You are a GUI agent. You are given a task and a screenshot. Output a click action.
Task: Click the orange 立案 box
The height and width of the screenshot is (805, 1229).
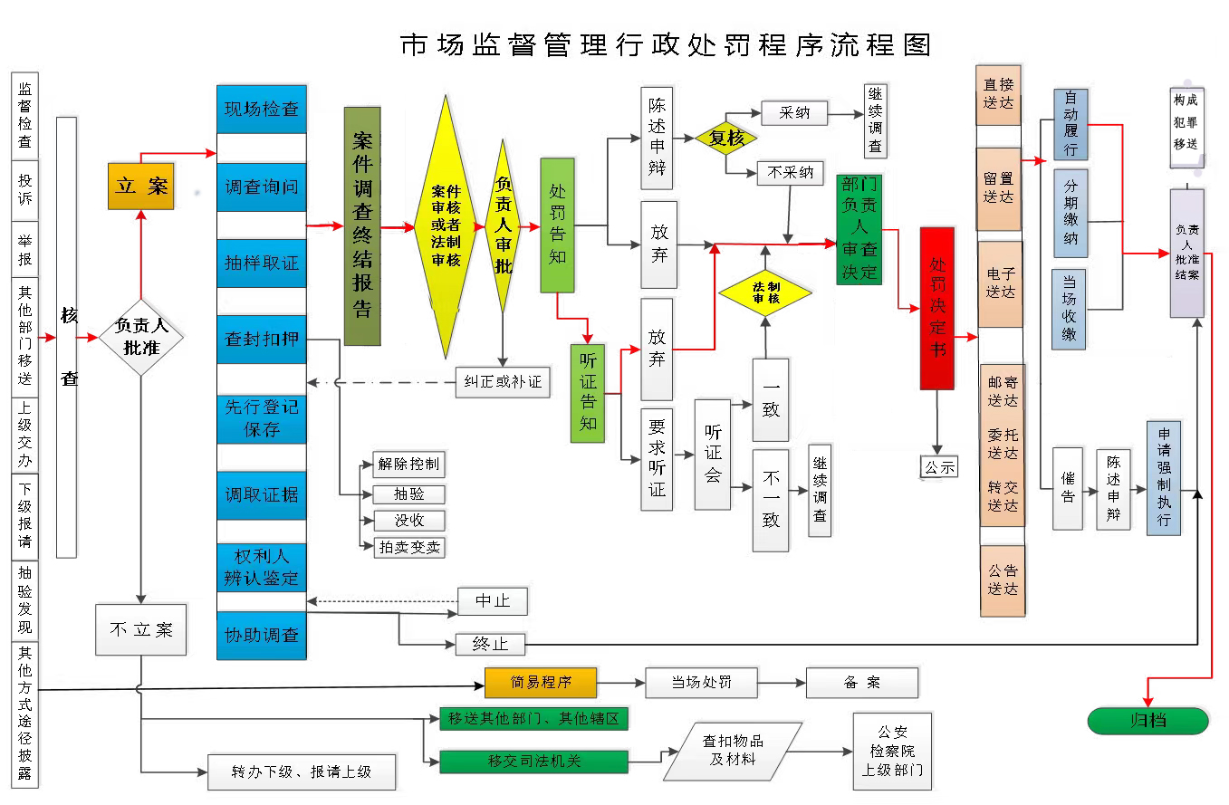click(140, 186)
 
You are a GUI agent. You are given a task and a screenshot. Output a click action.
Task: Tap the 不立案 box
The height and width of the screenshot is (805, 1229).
click(140, 629)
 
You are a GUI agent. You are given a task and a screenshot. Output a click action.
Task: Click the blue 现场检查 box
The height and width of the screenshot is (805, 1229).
click(262, 110)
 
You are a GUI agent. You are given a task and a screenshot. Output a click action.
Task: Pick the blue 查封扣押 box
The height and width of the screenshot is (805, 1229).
click(262, 340)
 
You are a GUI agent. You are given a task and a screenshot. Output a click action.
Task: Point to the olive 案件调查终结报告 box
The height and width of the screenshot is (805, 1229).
click(362, 226)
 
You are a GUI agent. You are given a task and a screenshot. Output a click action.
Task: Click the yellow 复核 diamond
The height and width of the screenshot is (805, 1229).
click(726, 139)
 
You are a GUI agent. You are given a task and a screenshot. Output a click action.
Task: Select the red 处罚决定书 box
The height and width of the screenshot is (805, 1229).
click(936, 308)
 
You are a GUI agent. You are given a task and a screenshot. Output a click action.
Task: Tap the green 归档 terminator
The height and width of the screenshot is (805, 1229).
click(1147, 721)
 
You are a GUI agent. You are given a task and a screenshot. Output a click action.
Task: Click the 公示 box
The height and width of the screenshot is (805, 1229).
click(938, 467)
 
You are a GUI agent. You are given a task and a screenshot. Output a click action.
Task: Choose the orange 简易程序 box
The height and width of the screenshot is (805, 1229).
click(541, 683)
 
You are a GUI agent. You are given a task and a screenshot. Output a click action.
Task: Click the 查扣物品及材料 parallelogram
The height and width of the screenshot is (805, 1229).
click(733, 751)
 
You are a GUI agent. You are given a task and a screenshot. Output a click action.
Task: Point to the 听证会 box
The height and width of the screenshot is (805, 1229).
click(713, 454)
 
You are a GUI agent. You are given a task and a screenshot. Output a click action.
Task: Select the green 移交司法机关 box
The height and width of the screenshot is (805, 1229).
click(533, 762)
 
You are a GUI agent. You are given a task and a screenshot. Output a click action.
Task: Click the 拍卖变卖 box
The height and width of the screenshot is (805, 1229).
click(409, 547)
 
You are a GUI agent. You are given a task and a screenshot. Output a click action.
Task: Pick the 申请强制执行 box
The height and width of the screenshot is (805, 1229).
click(1164, 477)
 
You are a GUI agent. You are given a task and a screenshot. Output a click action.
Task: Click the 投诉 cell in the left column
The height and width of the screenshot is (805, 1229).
click(24, 189)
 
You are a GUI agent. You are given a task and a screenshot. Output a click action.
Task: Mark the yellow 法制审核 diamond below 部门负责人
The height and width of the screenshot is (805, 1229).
click(765, 292)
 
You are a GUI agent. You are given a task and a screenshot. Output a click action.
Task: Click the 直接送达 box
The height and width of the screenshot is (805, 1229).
click(999, 94)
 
